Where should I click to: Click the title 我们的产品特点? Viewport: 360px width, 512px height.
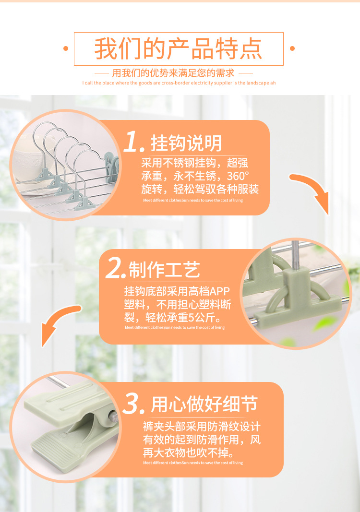[x=179, y=49]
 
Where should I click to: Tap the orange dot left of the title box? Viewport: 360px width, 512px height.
[x=66, y=48]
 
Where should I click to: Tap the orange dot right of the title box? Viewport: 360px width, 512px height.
[x=292, y=48]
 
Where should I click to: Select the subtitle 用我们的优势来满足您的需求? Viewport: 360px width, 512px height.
[x=173, y=73]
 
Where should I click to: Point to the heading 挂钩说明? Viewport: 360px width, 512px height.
[x=186, y=143]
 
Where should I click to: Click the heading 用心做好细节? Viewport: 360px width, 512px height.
[x=204, y=405]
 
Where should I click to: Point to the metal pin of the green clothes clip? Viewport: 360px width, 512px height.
[x=112, y=417]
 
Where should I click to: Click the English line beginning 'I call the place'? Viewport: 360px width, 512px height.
[x=179, y=83]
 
